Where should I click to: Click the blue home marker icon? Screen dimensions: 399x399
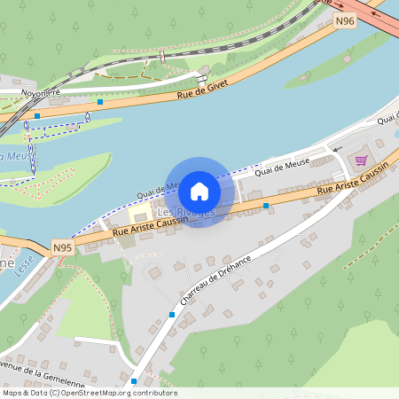pyautogui.click(x=199, y=191)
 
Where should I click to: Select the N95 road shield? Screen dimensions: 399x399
pyautogui.click(x=61, y=247)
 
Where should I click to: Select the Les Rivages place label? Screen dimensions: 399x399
pyautogui.click(x=185, y=213)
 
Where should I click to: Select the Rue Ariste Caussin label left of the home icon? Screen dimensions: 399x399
pyautogui.click(x=148, y=226)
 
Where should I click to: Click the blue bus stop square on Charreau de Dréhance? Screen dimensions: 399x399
pyautogui.click(x=171, y=315)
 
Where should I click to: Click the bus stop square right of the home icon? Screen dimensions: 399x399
pyautogui.click(x=267, y=206)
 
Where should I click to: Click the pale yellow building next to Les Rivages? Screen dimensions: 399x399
pyautogui.click(x=140, y=215)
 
